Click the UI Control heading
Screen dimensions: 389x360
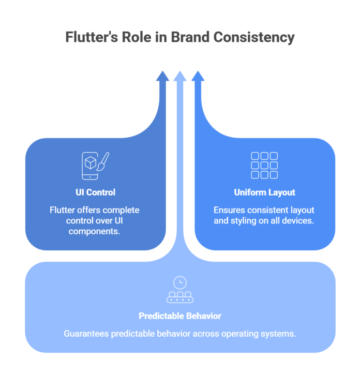96,192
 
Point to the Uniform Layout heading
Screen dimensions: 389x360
264,192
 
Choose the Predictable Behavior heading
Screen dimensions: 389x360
179,316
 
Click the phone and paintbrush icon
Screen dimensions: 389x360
95,165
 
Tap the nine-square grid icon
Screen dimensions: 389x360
264,165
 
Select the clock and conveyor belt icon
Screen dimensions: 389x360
179,290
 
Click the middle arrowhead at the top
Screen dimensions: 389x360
179,76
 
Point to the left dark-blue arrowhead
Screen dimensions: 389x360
162,77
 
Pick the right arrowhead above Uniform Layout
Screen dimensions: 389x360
198,77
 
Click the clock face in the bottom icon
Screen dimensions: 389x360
179,282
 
